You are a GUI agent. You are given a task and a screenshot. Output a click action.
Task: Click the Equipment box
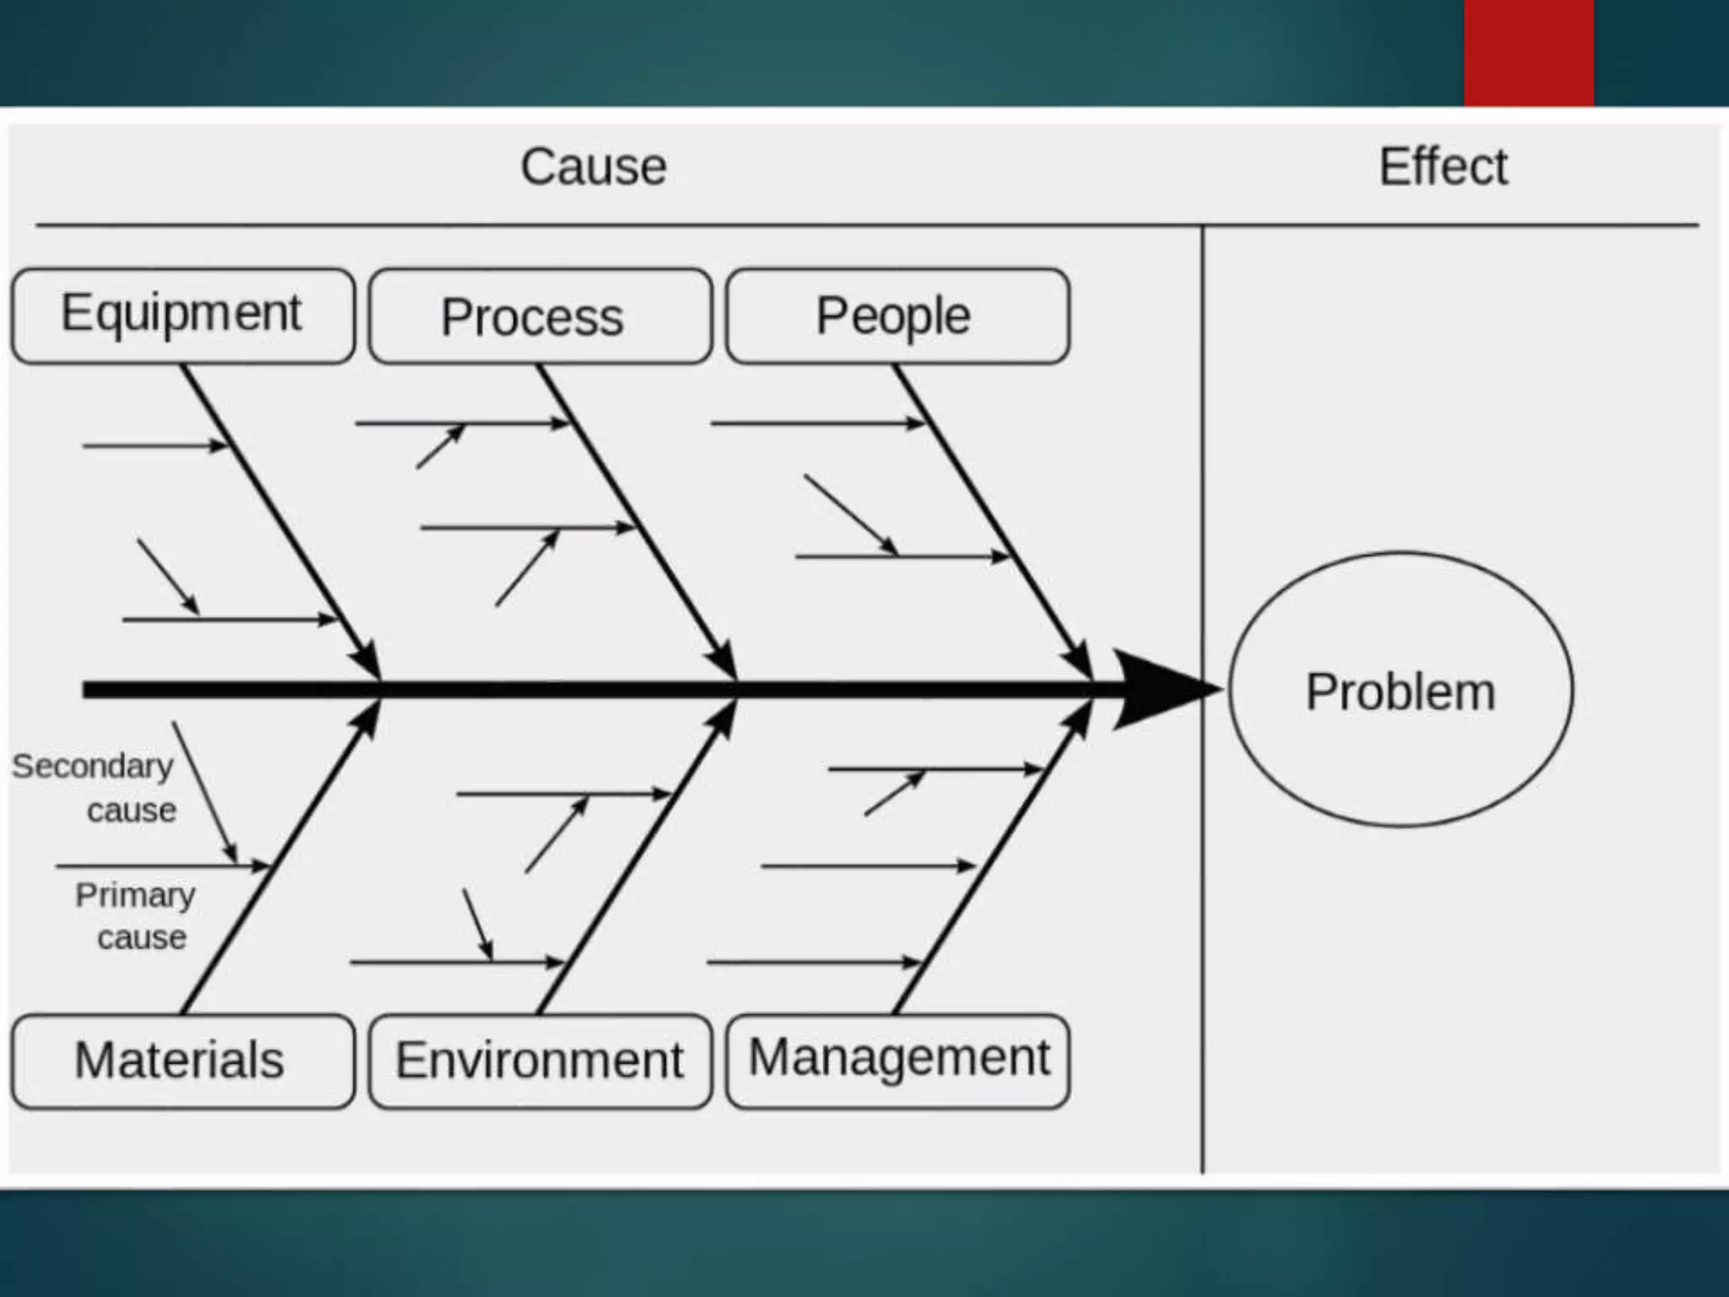(x=182, y=316)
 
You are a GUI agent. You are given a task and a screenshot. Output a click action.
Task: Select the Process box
(x=540, y=316)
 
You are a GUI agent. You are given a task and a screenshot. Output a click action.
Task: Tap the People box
(x=897, y=316)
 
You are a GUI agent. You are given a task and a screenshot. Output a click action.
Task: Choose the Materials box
(x=182, y=1061)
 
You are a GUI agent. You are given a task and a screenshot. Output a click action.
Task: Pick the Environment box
(x=540, y=1061)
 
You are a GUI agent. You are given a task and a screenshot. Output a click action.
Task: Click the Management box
(x=897, y=1061)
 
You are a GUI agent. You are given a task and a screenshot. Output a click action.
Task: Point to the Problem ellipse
(x=1400, y=690)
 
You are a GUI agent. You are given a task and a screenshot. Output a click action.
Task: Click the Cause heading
(x=593, y=166)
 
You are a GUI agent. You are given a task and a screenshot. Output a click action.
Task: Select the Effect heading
(x=1443, y=166)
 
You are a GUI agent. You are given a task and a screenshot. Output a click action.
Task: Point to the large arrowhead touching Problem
(x=1161, y=690)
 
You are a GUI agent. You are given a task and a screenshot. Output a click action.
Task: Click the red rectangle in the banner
(x=1528, y=52)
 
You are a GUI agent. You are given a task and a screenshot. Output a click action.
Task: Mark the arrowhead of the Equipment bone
(x=366, y=662)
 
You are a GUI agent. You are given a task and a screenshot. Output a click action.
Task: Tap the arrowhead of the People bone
(x=1078, y=662)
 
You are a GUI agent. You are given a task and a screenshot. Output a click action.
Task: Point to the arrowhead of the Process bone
(x=723, y=662)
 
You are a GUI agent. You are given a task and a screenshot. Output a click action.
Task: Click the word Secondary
(x=92, y=767)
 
